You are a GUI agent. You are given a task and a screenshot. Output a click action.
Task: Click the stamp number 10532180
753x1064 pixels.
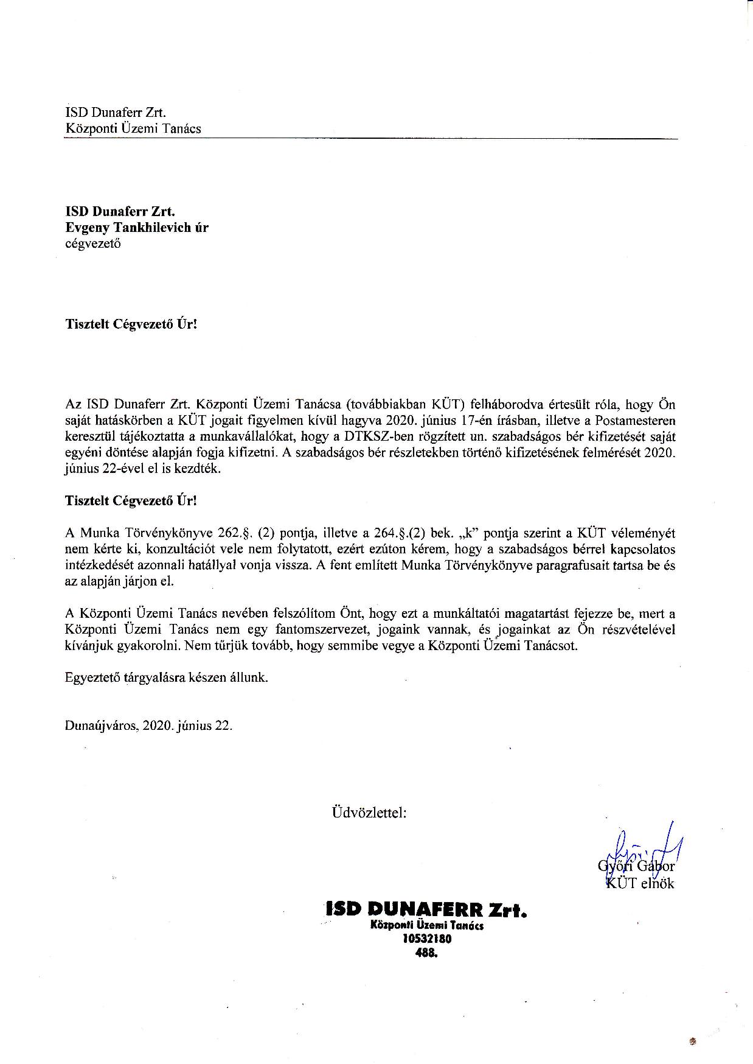point(427,939)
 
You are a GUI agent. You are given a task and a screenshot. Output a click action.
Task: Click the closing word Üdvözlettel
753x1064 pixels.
point(369,812)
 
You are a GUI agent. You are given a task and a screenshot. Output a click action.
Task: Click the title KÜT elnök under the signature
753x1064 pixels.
point(639,883)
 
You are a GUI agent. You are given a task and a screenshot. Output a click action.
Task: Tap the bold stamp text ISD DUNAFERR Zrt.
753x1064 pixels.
point(426,910)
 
